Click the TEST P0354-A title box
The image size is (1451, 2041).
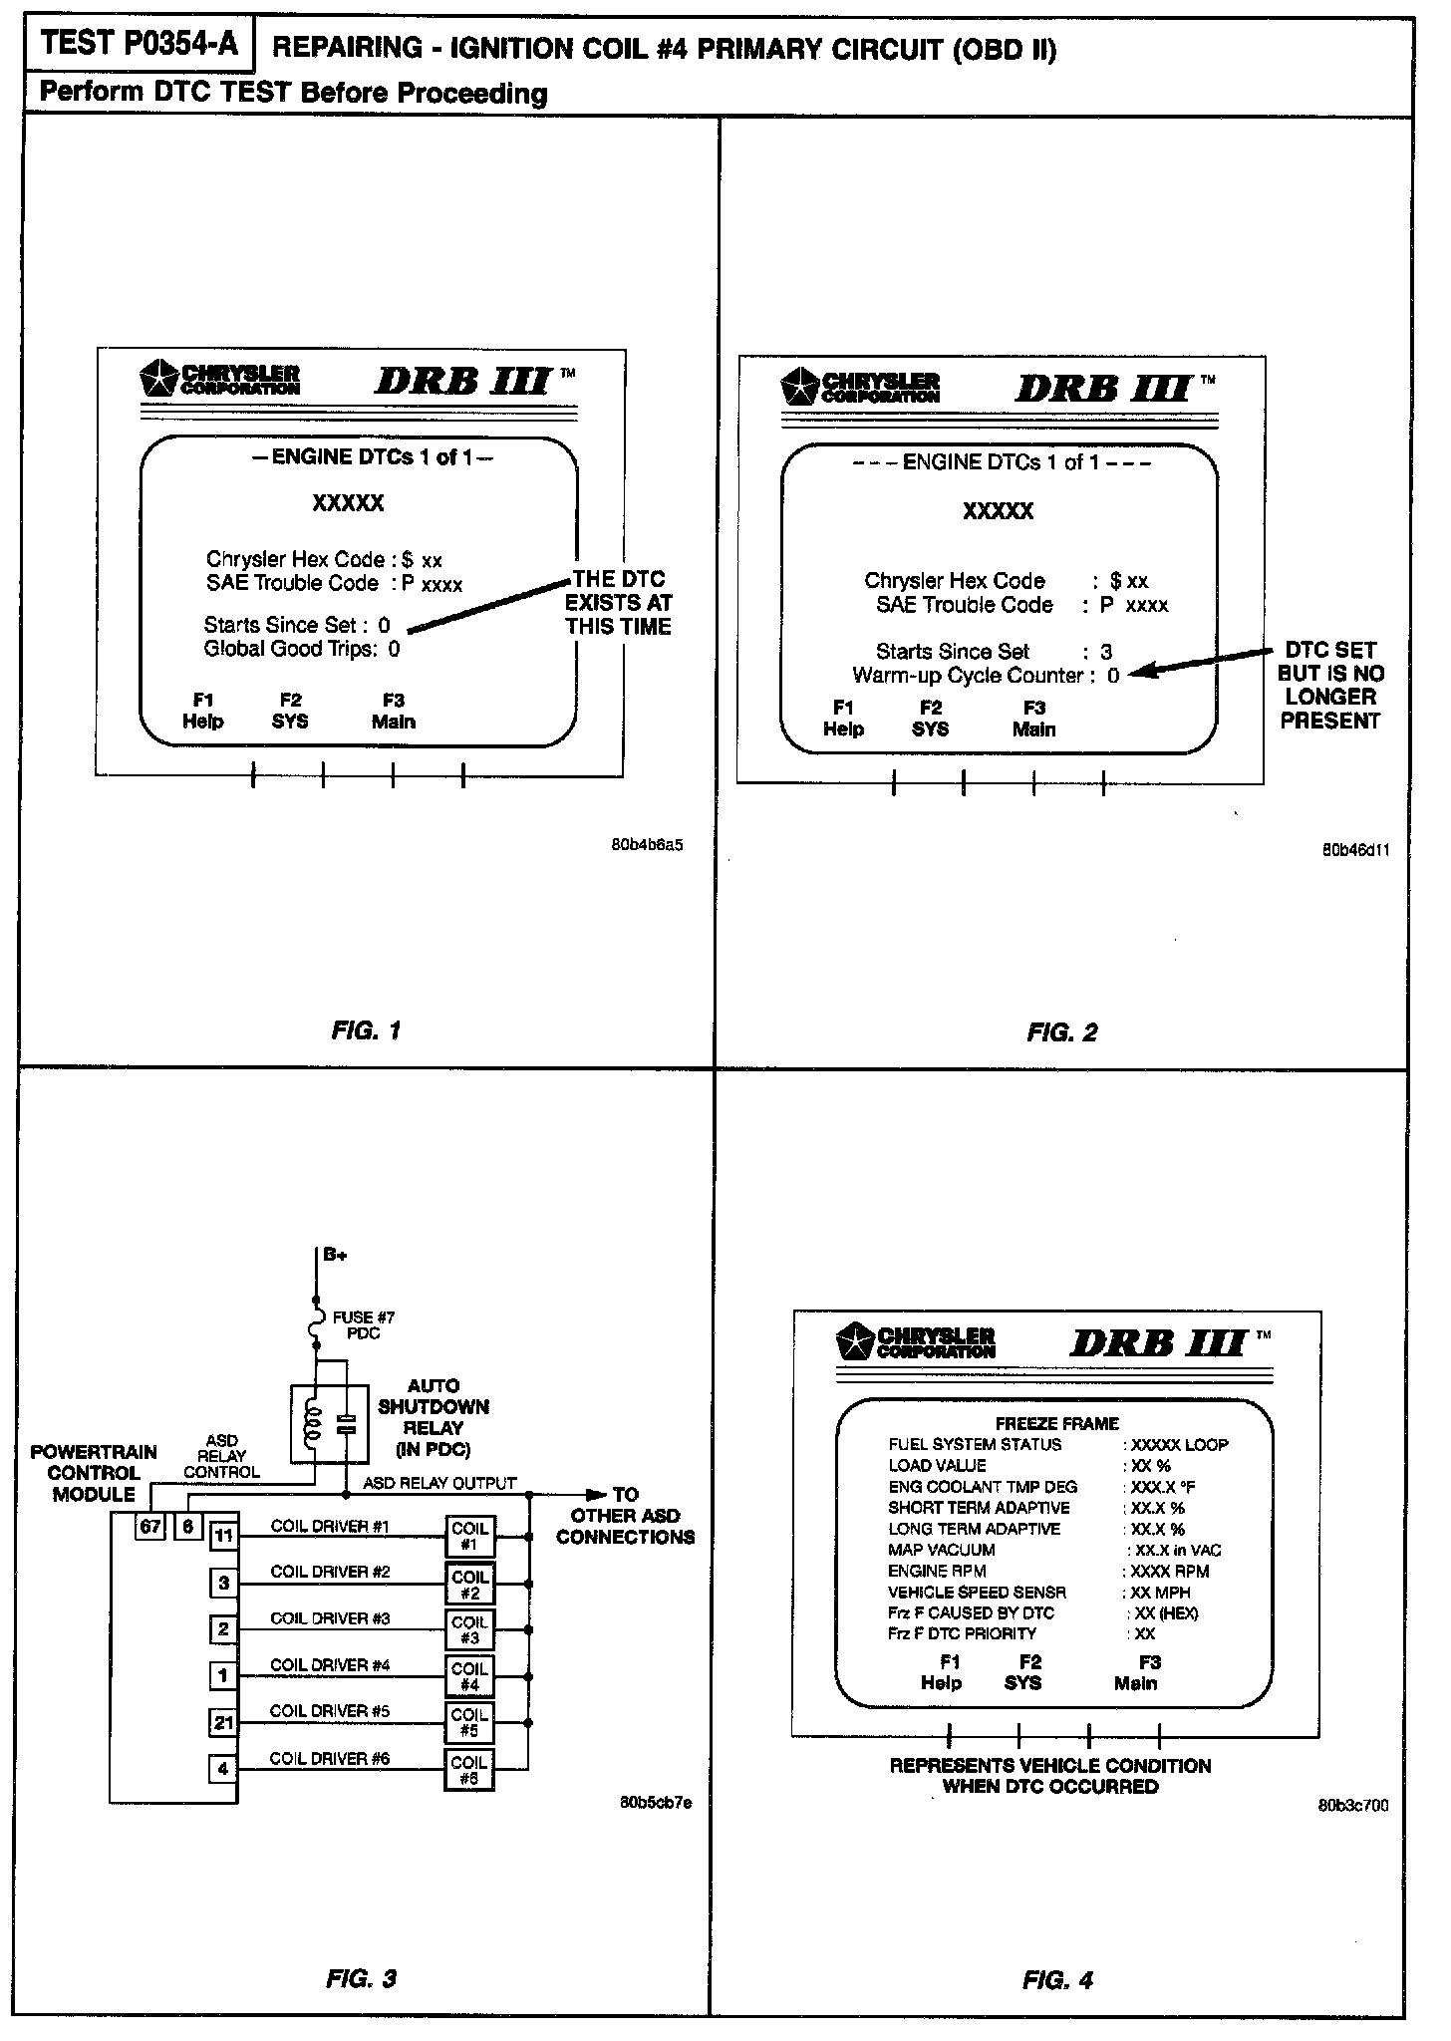click(140, 45)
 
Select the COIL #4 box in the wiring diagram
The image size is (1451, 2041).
click(469, 1677)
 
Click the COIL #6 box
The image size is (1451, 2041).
click(469, 1771)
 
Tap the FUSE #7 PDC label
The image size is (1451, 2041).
click(364, 1324)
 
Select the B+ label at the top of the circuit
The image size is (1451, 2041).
click(335, 1255)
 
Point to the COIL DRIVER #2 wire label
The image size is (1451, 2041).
click(329, 1572)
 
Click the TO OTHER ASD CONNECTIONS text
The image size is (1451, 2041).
click(625, 1516)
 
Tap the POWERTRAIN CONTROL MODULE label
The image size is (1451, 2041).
click(94, 1473)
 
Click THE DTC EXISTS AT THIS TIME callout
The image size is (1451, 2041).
click(619, 603)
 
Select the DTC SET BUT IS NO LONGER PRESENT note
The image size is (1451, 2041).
click(1330, 686)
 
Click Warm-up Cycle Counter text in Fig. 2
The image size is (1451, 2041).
click(967, 676)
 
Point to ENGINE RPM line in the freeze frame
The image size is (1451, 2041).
click(937, 1571)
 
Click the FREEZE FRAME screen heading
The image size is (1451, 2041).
click(1056, 1423)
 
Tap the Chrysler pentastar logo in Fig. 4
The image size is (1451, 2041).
click(855, 1341)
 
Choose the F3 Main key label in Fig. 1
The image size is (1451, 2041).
click(393, 712)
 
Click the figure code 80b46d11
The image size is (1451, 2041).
click(1355, 850)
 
